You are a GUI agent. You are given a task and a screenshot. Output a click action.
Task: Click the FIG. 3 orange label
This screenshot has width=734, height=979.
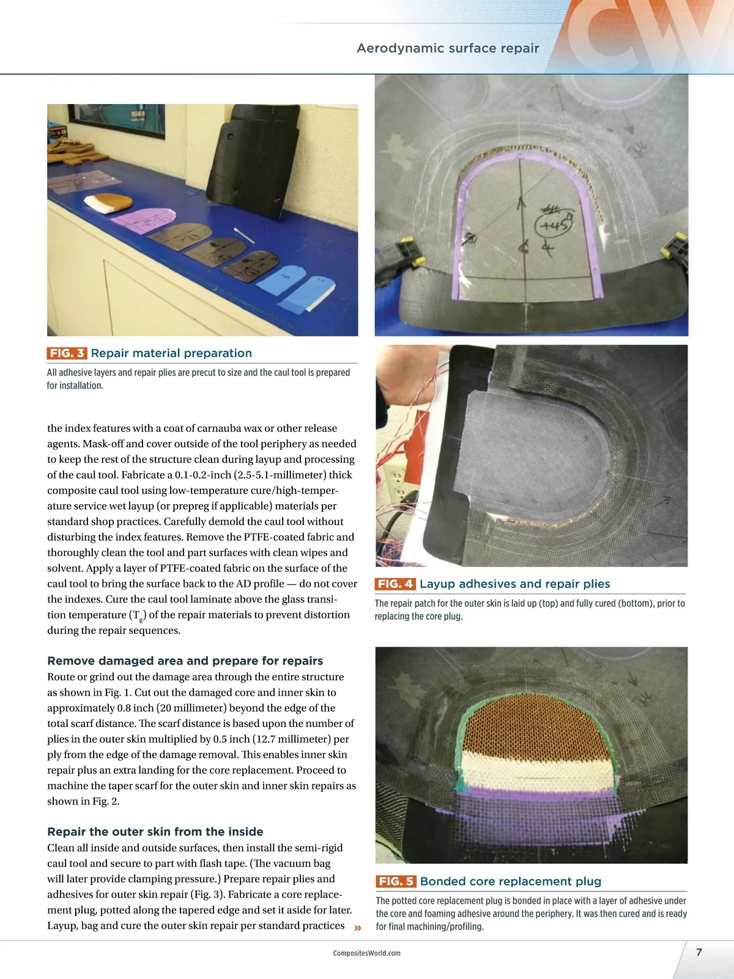click(67, 353)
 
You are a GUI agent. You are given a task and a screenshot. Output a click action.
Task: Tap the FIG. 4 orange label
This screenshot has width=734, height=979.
click(395, 584)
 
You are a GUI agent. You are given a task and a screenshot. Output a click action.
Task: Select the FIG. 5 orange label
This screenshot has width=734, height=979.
click(396, 881)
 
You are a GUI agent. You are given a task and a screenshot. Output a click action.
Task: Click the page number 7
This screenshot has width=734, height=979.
click(699, 952)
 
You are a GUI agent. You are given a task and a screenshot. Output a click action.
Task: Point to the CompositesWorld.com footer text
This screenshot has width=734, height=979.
click(367, 953)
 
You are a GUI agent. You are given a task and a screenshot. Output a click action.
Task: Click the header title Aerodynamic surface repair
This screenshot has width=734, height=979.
click(448, 48)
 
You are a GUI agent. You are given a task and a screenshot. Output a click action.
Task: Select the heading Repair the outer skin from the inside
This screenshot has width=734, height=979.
click(155, 832)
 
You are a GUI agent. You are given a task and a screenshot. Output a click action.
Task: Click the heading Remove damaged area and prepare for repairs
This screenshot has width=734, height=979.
click(185, 661)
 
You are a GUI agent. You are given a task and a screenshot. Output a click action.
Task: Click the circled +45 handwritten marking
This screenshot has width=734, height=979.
click(554, 226)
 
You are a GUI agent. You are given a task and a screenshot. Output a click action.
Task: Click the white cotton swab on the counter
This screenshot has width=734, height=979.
click(244, 236)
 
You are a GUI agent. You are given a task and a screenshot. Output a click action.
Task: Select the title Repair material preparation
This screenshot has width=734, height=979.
click(172, 353)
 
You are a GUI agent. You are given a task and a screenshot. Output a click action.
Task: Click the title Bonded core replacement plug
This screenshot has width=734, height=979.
click(511, 881)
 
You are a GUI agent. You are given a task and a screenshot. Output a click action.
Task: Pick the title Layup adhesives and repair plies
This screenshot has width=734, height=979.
click(515, 584)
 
